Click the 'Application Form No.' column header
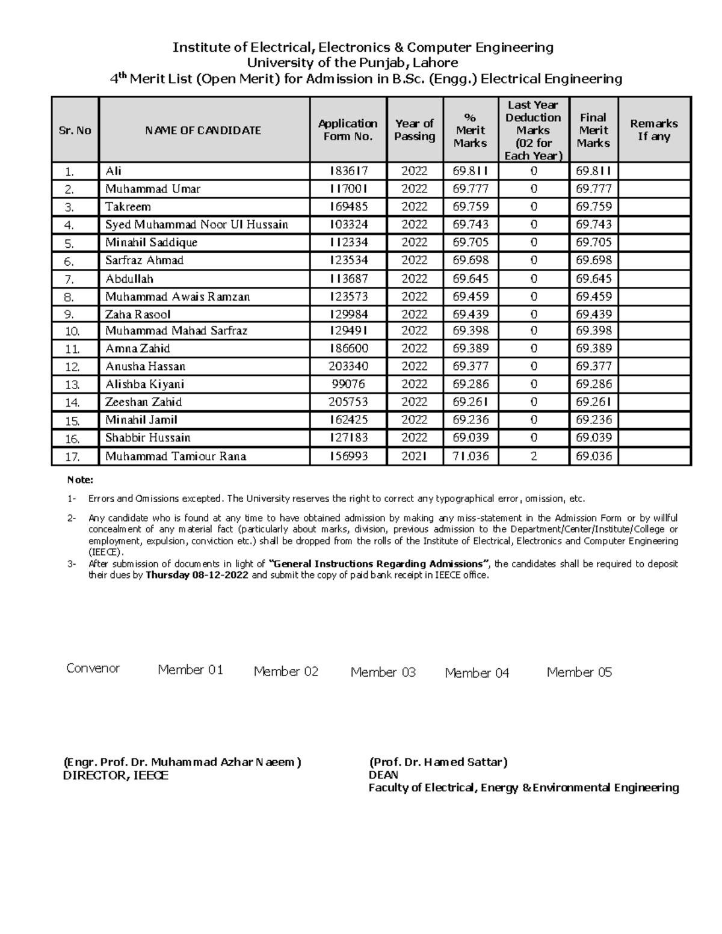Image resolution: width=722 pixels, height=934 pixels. point(348,130)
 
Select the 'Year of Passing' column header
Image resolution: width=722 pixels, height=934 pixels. point(415,130)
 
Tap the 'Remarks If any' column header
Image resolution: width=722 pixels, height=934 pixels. point(654,130)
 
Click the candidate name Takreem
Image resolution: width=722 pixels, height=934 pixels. point(128,207)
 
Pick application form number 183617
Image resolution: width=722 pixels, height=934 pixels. point(348,171)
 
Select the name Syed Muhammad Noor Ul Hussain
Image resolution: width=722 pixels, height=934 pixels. point(196,225)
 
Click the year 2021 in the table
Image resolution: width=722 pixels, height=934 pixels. point(415,456)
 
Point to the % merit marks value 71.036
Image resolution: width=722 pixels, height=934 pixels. point(471,456)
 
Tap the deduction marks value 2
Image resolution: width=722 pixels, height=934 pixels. point(533,456)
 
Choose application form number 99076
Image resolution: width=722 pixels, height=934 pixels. point(348,384)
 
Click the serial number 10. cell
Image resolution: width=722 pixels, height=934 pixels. point(73,331)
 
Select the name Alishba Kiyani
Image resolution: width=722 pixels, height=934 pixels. point(144,384)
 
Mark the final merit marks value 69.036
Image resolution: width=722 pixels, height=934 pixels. point(593,456)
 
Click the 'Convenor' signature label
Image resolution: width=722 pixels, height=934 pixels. point(93,668)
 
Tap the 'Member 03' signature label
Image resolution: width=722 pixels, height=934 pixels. point(383,672)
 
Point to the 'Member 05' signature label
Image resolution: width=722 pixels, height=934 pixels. point(579,672)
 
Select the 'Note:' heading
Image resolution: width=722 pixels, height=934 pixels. point(80,480)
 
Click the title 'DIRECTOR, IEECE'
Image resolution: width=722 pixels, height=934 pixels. point(116,776)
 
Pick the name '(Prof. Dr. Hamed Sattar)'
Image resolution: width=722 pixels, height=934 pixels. point(438,762)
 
